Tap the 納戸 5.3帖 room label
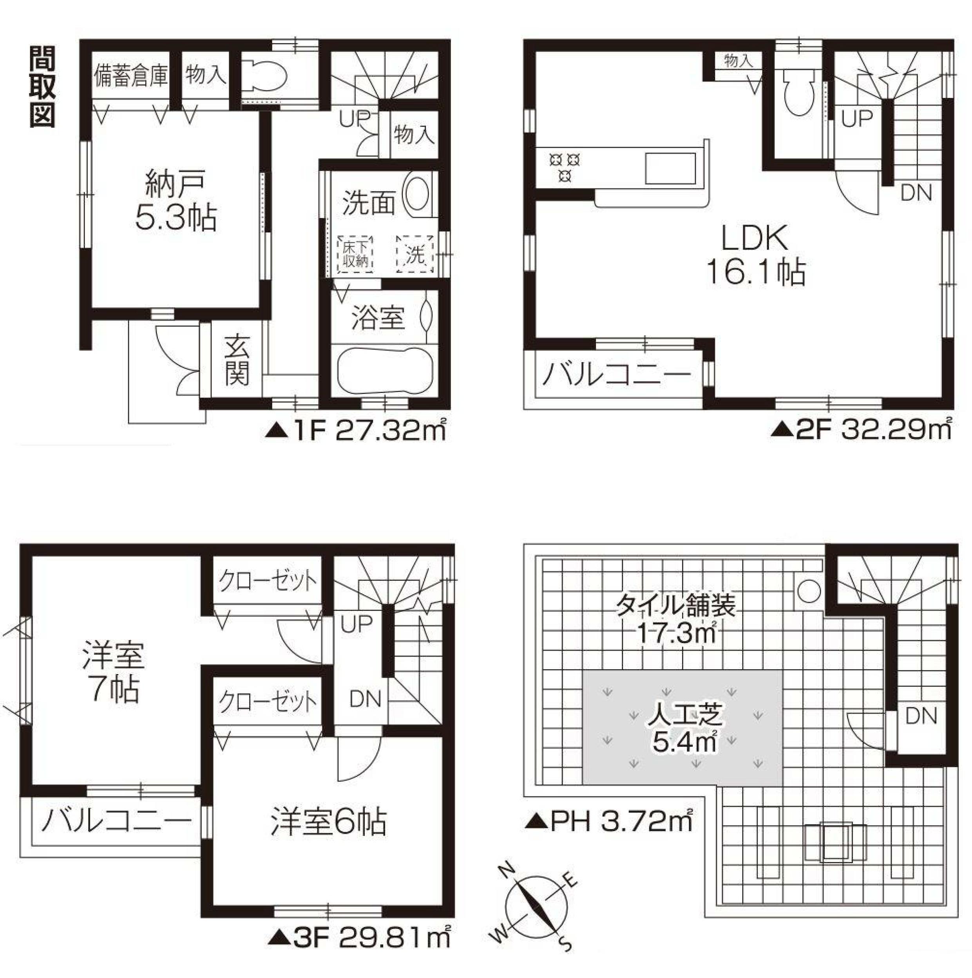point(176,201)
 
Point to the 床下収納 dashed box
point(355,255)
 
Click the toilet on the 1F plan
point(264,76)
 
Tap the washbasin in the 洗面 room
point(416,195)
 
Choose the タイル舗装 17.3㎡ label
point(675,618)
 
